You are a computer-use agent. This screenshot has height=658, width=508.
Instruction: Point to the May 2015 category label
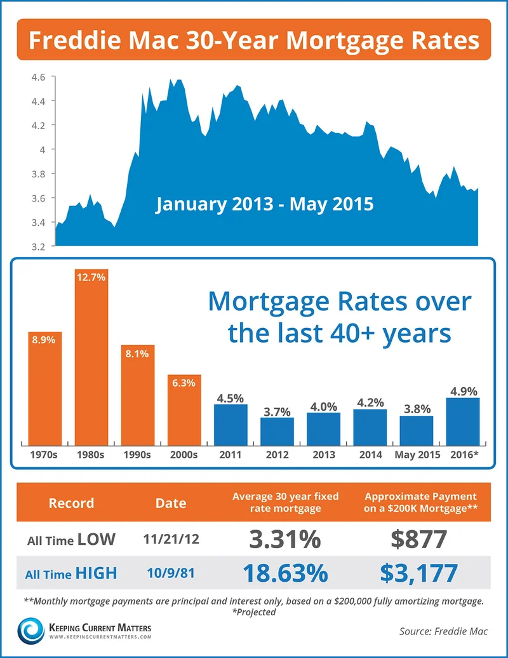pos(417,456)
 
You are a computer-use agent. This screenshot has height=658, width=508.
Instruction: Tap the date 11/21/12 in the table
pos(171,540)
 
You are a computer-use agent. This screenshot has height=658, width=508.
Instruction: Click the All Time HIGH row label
pos(72,573)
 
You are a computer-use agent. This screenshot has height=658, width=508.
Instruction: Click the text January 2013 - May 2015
pos(264,205)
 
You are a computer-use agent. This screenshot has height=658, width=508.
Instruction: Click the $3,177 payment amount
pos(418,573)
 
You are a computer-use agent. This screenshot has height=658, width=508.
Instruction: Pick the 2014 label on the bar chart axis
pos(370,456)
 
